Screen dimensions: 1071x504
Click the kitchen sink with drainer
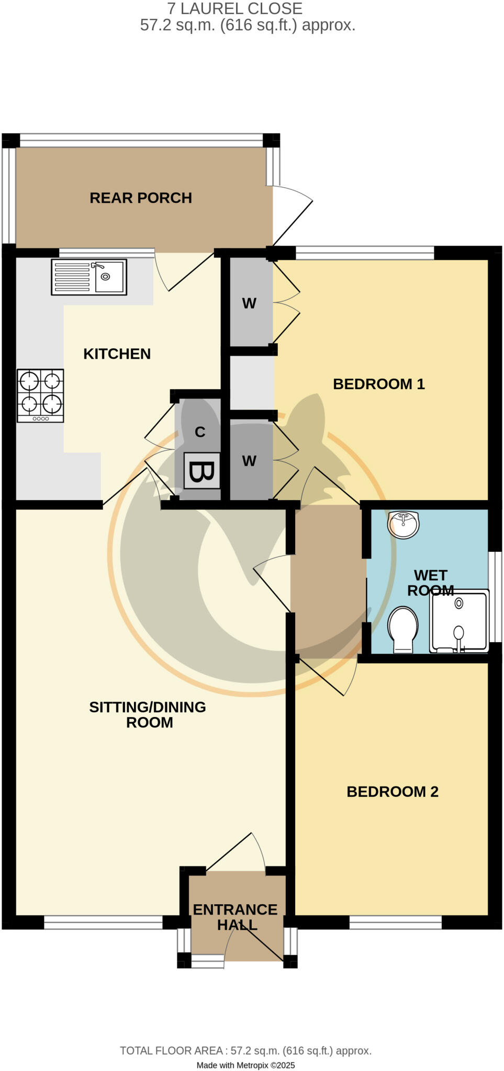89,277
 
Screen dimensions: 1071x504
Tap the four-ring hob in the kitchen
40,395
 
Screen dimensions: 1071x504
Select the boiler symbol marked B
201,471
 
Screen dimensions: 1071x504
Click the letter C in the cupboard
200,432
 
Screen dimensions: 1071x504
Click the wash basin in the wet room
403,524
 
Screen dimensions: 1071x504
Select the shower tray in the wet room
459,621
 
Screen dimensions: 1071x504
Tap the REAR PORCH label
141,198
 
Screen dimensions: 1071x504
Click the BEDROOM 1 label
378,384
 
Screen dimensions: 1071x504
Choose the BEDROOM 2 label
392,792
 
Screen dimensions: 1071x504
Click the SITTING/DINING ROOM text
148,715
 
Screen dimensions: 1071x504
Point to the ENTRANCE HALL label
236,917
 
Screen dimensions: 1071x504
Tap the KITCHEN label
117,354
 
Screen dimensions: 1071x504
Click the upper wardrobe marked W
249,303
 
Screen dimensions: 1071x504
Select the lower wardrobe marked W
249,461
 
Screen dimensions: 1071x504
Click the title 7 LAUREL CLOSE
234,8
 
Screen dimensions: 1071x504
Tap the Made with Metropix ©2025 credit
245,1065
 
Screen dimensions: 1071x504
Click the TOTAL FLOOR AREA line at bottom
245,1051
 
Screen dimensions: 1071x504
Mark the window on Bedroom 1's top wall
365,254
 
